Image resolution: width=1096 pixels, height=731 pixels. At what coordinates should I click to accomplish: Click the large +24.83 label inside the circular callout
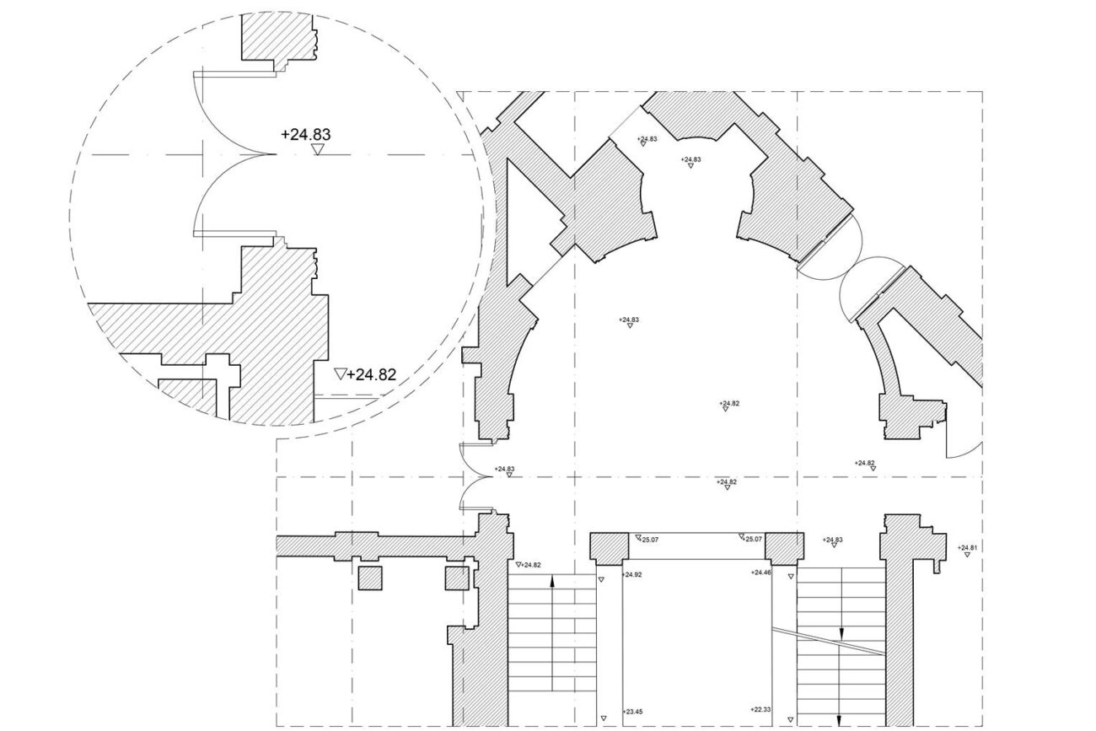[305, 133]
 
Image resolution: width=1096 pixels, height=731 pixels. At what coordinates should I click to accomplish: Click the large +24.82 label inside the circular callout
[372, 374]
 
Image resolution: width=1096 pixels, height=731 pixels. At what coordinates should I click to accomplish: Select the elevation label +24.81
[968, 548]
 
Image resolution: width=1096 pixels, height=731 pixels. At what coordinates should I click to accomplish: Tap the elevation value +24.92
[631, 573]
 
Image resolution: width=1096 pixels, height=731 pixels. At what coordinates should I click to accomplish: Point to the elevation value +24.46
[761, 572]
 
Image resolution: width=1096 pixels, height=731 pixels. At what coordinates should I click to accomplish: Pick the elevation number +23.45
[632, 712]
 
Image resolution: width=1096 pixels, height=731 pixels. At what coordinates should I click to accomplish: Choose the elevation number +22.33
[760, 710]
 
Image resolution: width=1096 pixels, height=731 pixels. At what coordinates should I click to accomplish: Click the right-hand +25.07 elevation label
[752, 539]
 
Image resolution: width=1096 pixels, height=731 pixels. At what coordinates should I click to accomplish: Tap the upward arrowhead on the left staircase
[551, 580]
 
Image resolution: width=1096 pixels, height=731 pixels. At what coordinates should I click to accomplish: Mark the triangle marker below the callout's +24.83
[317, 150]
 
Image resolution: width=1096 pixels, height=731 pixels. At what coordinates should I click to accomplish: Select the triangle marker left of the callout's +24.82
[341, 374]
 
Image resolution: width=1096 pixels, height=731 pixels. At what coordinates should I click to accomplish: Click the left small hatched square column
[370, 578]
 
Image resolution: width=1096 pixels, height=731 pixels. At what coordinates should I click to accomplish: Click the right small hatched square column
[456, 578]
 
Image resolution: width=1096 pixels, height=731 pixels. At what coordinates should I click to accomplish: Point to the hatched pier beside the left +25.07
[607, 548]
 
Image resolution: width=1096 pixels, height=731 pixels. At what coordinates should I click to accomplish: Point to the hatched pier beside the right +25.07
[782, 548]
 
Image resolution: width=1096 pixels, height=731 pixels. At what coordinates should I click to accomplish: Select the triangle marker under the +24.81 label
[967, 556]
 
